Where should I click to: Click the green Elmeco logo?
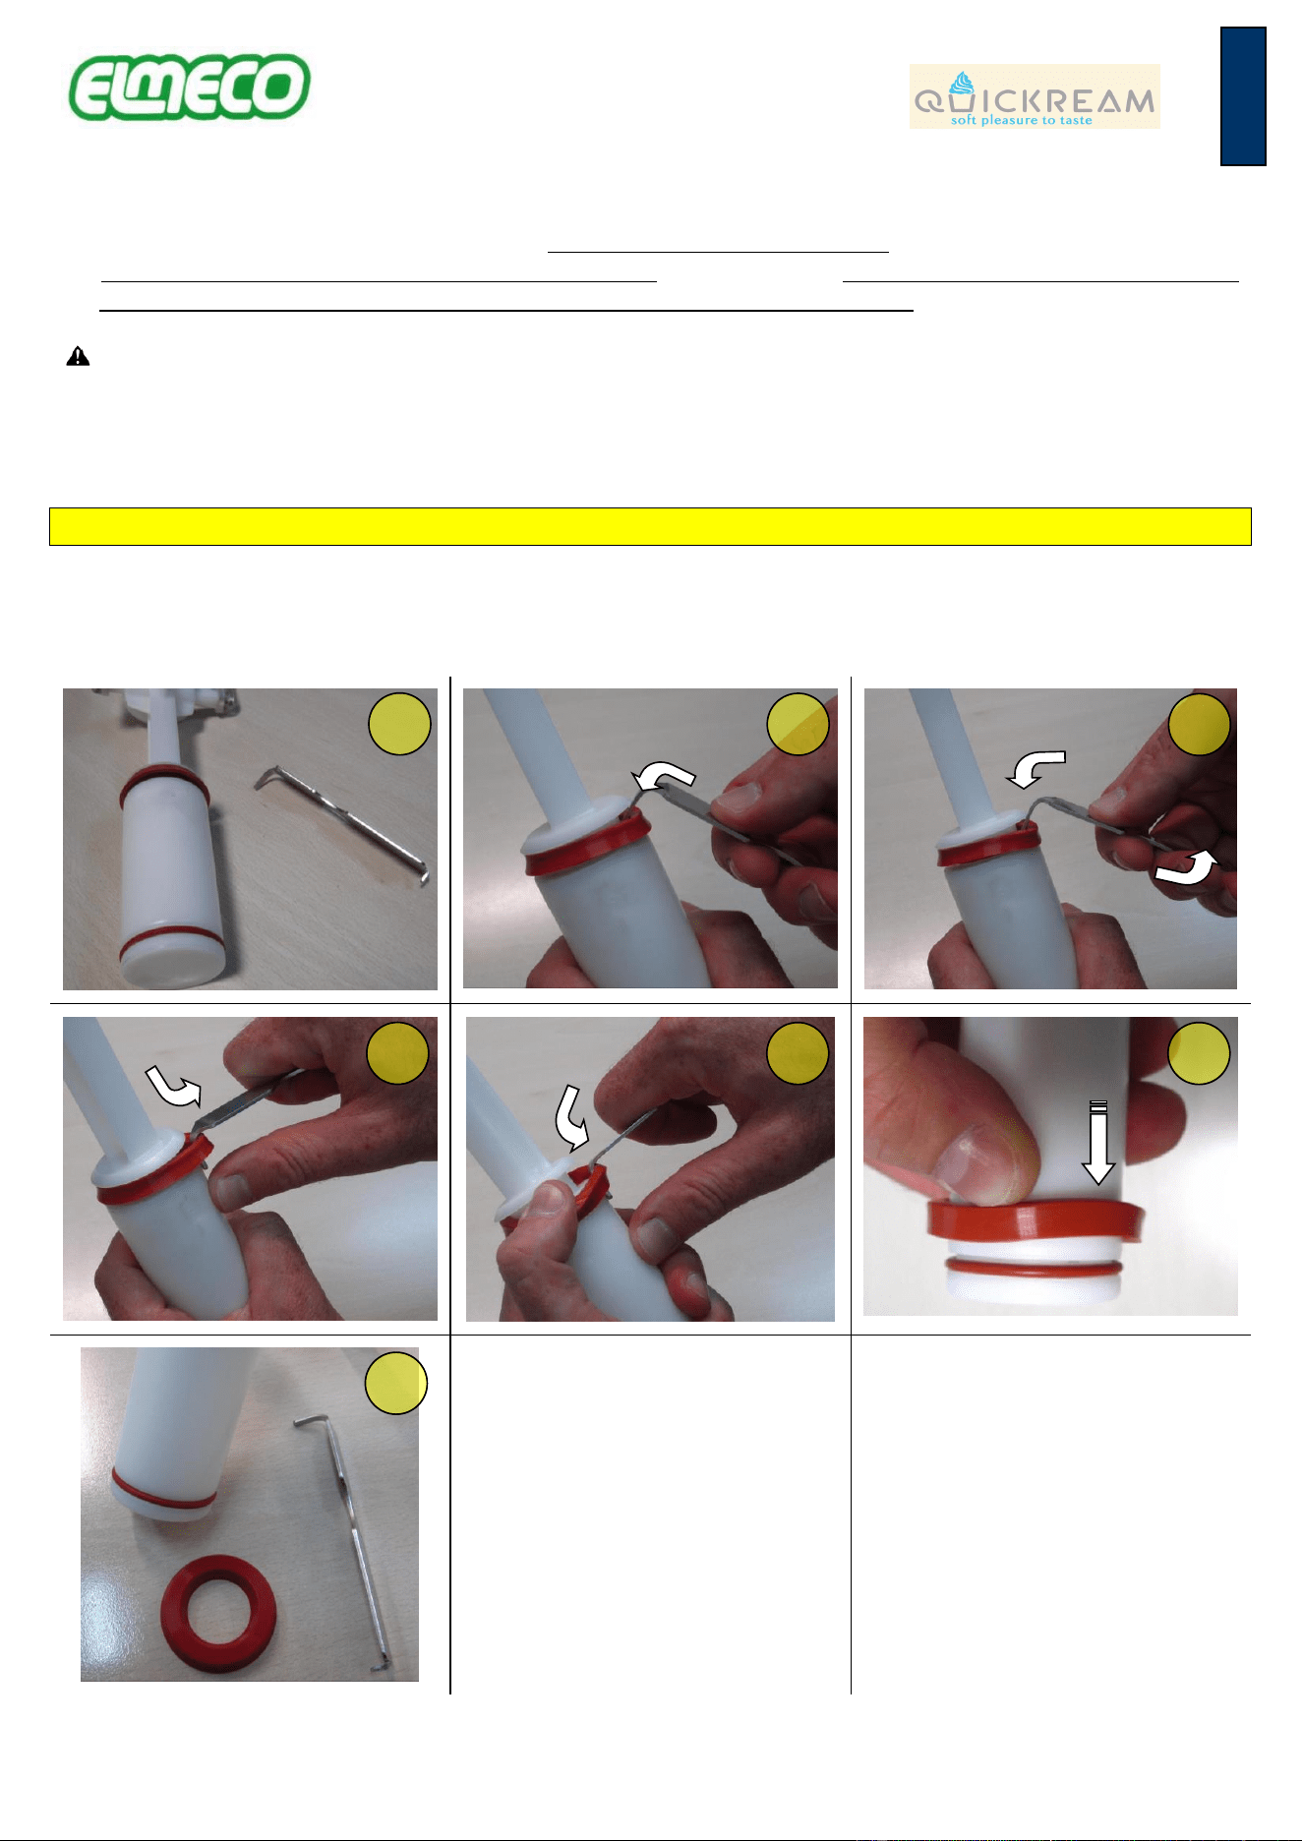click(189, 87)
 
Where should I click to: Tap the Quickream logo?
click(1035, 96)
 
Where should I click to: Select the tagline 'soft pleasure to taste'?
click(1021, 121)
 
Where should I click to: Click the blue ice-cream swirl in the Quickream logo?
click(962, 84)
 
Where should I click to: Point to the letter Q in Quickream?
click(929, 100)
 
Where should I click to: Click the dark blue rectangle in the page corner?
click(1243, 96)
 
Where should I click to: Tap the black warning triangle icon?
click(78, 356)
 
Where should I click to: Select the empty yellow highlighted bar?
click(650, 526)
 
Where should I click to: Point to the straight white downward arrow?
click(1098, 1143)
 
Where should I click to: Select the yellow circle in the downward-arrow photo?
click(1199, 1053)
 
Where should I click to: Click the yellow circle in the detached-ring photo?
click(396, 1383)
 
